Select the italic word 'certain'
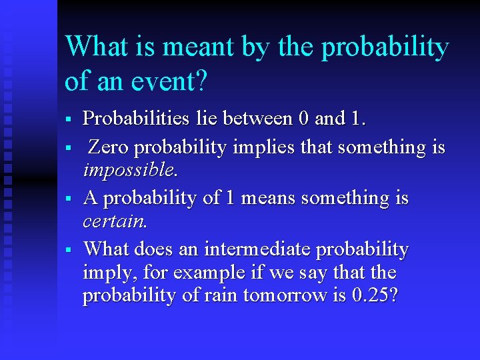(113, 221)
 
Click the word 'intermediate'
(258, 249)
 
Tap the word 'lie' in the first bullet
(206, 119)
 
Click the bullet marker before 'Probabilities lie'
(68, 120)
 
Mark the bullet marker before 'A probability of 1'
(68, 199)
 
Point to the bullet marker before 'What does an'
(68, 250)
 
